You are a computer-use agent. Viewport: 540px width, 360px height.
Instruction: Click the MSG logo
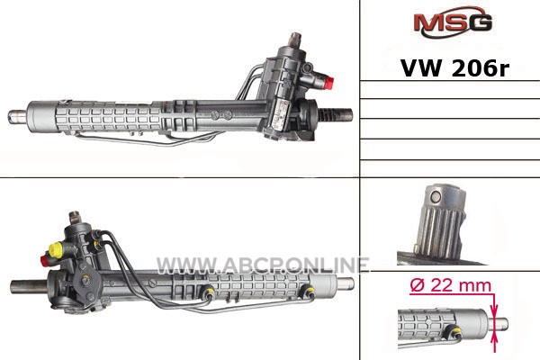(x=453, y=22)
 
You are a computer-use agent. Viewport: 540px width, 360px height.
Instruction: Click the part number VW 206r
(x=454, y=68)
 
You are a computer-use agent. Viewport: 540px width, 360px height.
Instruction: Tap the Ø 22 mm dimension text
(x=451, y=285)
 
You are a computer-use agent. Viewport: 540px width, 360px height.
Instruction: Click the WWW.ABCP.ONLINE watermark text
(x=263, y=265)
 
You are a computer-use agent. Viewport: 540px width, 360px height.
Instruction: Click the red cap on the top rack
(x=329, y=82)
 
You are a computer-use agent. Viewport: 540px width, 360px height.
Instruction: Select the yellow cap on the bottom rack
(x=55, y=249)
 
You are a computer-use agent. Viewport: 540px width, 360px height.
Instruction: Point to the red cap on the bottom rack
(x=44, y=260)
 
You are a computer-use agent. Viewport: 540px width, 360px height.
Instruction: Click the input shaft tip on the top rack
(x=295, y=38)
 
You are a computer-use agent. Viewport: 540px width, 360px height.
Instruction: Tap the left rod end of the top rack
(x=17, y=116)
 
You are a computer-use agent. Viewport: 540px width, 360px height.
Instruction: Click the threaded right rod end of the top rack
(x=336, y=114)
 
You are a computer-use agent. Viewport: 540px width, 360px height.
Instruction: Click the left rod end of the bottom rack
(x=30, y=286)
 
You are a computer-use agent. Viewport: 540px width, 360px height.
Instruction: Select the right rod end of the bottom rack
(x=345, y=283)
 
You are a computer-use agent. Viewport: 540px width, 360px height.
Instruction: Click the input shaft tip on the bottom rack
(x=74, y=216)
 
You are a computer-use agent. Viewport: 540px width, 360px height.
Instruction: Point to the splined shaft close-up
(x=440, y=224)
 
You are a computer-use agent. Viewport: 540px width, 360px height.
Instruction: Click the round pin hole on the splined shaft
(x=436, y=197)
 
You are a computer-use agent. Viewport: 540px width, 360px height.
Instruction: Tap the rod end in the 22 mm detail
(x=498, y=323)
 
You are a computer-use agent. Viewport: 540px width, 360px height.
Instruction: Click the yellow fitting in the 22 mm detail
(x=454, y=331)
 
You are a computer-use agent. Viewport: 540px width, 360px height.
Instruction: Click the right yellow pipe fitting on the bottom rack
(x=308, y=292)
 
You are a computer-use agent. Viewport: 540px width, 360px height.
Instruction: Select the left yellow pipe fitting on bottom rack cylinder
(x=209, y=292)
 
